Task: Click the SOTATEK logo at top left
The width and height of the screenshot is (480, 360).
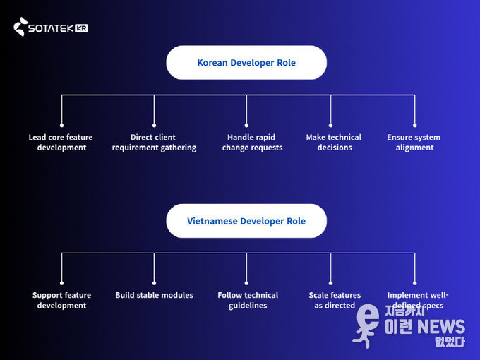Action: [x=50, y=28]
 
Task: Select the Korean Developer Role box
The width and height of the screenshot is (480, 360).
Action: [x=246, y=63]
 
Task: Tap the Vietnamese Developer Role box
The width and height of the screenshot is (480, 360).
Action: [x=246, y=221]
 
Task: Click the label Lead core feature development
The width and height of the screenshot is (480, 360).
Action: [x=61, y=142]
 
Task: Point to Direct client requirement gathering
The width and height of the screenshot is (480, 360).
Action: [x=154, y=142]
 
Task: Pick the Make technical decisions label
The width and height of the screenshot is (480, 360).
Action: [x=334, y=142]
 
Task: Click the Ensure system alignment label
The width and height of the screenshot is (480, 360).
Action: [x=414, y=142]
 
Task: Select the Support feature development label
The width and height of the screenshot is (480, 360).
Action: [x=62, y=300]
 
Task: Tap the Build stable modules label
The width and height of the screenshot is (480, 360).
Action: [x=154, y=295]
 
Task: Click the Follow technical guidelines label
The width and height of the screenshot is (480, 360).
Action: [x=248, y=300]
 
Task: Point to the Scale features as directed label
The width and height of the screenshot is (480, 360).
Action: [x=335, y=300]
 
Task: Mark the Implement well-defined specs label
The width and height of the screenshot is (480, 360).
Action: [x=417, y=300]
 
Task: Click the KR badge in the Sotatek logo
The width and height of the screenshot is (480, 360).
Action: [x=81, y=28]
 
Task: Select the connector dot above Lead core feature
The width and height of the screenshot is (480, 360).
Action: [x=61, y=125]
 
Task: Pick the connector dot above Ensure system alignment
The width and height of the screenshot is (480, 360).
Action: [x=414, y=125]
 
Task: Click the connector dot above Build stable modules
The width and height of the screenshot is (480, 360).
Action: [x=154, y=283]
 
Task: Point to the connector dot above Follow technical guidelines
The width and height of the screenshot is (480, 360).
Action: [x=246, y=283]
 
